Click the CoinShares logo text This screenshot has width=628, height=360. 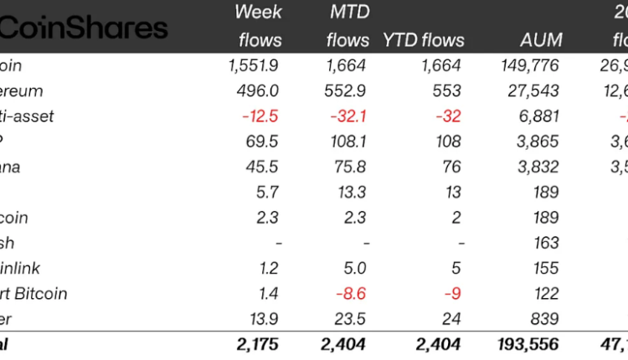pyautogui.click(x=84, y=28)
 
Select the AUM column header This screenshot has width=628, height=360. pyautogui.click(x=540, y=39)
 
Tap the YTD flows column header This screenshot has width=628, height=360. pyautogui.click(x=424, y=39)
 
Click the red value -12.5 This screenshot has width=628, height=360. pyautogui.click(x=260, y=116)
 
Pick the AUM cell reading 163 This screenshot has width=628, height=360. pyautogui.click(x=545, y=243)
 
